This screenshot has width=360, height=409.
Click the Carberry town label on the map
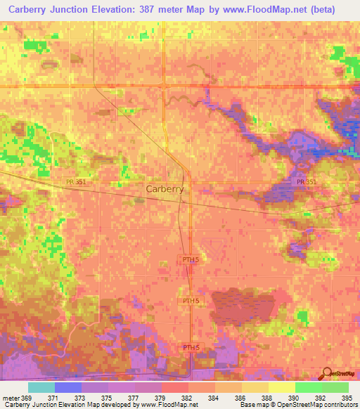point(165,189)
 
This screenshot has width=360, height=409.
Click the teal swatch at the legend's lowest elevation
point(41,387)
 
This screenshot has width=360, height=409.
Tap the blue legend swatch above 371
point(68,387)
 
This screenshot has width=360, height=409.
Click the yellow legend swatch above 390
point(281,387)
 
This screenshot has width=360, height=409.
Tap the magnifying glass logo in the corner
point(326,375)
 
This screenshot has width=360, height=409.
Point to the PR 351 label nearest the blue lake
point(307,181)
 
